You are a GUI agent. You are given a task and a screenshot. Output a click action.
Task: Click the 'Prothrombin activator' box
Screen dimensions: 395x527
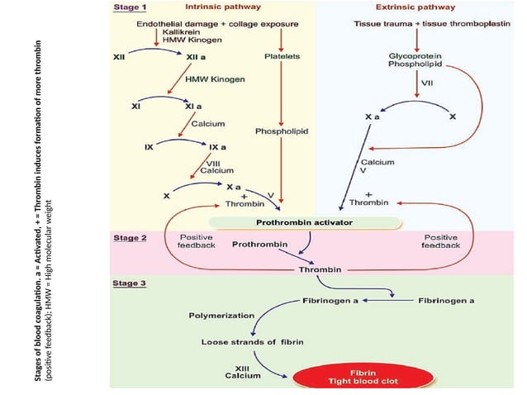(x=305, y=222)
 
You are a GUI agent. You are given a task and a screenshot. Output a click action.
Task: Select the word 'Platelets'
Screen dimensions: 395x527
(x=282, y=56)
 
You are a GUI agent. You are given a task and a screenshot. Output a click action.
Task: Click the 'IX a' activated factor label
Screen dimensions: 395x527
(x=218, y=147)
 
